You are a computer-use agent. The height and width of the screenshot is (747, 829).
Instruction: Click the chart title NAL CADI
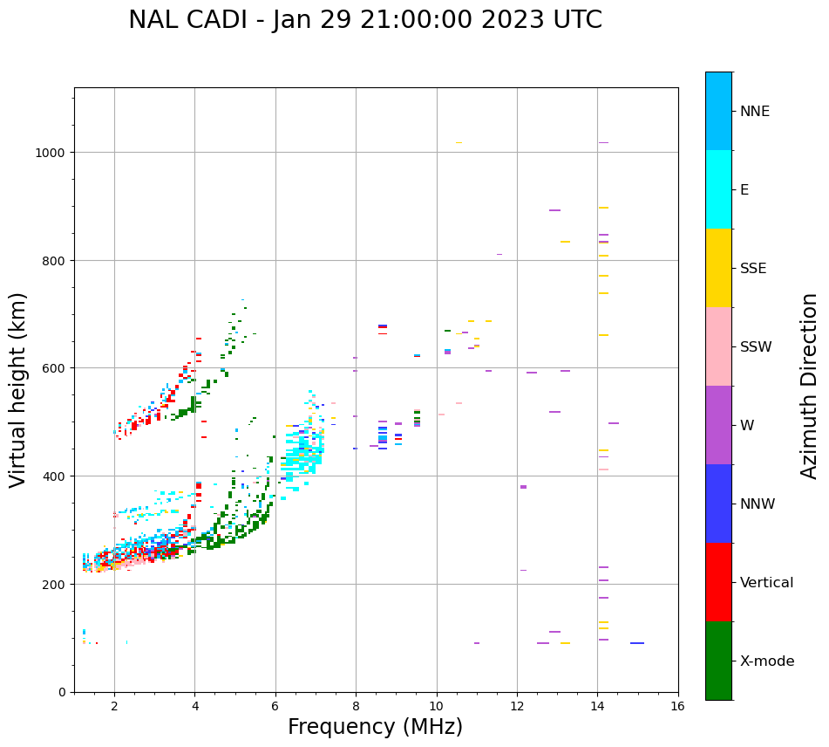point(364,20)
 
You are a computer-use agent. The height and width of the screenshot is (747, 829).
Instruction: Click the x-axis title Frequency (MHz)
point(375,727)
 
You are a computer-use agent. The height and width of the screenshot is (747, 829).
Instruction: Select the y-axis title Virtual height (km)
point(18,389)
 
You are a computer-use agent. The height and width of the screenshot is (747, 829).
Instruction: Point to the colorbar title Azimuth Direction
point(810,385)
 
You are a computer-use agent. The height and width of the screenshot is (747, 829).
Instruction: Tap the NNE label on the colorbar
point(755,111)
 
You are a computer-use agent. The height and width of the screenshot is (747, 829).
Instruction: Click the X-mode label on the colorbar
point(767,661)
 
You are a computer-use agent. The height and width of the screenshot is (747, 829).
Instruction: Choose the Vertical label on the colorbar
point(767,583)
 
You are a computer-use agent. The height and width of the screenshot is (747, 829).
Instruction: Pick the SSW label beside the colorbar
point(756,346)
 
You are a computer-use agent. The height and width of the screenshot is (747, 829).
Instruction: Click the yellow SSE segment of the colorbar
point(718,268)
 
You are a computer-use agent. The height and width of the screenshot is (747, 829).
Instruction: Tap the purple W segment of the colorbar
point(718,425)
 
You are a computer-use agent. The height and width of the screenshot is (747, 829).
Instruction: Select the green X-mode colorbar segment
point(718,661)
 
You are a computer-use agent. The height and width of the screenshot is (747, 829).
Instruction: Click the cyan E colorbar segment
point(718,189)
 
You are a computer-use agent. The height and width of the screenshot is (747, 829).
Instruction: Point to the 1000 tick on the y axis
point(53,153)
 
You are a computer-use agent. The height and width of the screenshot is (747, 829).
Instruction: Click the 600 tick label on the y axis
point(57,368)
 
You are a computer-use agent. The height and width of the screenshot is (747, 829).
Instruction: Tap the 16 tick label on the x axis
point(677,706)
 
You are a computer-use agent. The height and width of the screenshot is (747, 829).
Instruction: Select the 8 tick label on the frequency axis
point(356,706)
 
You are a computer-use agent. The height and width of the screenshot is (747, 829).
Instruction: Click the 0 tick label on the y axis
point(63,692)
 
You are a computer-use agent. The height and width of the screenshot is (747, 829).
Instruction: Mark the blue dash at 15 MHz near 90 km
point(637,643)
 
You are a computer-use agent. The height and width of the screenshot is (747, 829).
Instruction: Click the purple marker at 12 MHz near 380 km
point(523,487)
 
